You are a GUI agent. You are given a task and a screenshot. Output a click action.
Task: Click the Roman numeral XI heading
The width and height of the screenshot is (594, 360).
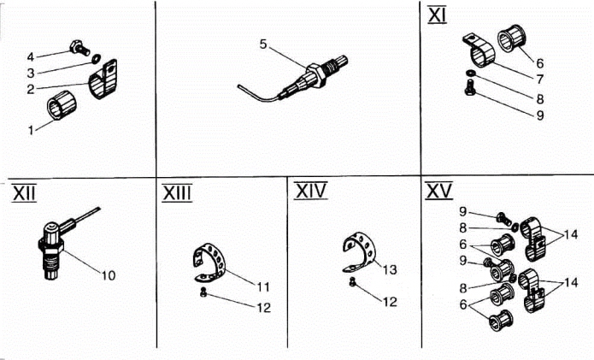[x=437, y=16]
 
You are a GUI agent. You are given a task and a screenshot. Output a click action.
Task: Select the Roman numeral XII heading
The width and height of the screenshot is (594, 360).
[x=24, y=193]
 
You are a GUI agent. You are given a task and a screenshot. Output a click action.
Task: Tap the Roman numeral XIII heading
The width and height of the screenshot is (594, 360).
[x=177, y=193]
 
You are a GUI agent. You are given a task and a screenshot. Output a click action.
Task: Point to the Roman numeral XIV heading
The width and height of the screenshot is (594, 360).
[x=311, y=191]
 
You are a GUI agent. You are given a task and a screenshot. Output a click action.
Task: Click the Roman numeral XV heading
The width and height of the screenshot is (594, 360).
[x=438, y=191]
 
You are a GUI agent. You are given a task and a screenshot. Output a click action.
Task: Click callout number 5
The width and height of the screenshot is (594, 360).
[x=263, y=44]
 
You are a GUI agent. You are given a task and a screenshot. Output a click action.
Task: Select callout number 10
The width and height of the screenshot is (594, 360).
[x=108, y=275]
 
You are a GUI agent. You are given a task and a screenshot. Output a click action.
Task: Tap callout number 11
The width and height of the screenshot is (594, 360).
[x=263, y=286]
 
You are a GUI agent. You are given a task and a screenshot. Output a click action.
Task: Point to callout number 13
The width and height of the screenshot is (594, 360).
[x=390, y=270]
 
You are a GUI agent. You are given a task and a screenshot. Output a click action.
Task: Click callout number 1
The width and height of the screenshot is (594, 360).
[x=31, y=130]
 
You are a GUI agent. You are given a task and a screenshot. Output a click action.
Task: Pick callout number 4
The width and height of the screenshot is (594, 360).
[x=30, y=56]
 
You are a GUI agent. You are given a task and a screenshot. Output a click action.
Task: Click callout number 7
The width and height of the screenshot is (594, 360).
[x=540, y=80]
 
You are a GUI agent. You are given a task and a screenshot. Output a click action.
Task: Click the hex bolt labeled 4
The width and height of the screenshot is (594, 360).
[x=80, y=47]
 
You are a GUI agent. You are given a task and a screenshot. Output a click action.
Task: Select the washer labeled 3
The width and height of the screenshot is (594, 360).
[x=96, y=59]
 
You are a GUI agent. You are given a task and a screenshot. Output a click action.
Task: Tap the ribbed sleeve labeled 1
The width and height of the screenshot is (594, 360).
[x=62, y=104]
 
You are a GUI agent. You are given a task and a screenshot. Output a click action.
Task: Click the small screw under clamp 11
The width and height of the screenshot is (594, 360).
[x=203, y=292]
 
